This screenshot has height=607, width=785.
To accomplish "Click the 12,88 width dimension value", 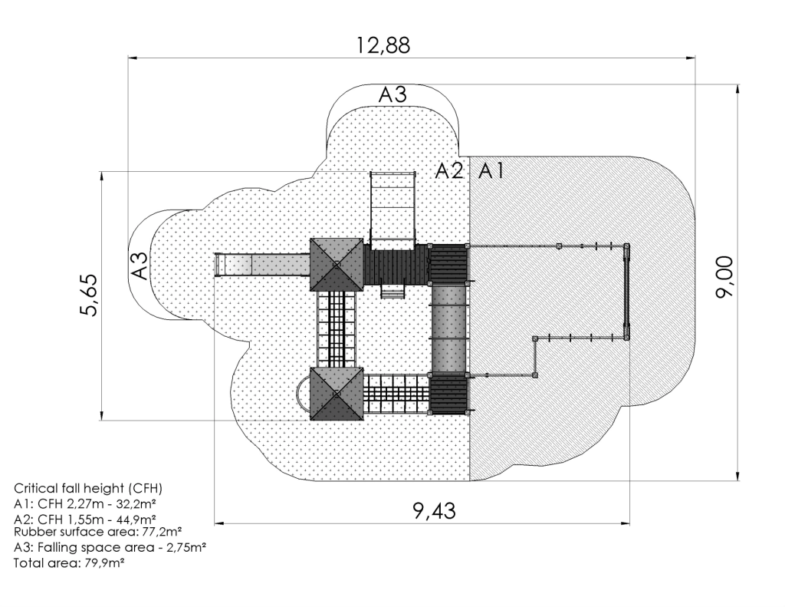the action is [383, 45].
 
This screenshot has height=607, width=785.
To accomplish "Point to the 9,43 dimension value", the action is [435, 511].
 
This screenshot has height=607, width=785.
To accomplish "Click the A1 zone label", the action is [491, 171].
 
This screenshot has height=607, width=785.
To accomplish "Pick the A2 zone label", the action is [449, 171].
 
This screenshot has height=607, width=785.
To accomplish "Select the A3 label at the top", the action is [392, 94].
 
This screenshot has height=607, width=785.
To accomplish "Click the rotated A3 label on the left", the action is [140, 266].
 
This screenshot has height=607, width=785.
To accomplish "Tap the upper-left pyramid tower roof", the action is [337, 264].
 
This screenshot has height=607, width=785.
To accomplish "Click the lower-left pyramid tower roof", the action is [337, 394].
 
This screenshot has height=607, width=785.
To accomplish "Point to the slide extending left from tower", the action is [262, 264].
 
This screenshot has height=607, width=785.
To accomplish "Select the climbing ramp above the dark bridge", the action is [393, 209].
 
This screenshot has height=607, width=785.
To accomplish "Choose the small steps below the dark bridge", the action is [392, 291].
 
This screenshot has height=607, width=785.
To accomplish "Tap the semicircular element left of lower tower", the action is [303, 394].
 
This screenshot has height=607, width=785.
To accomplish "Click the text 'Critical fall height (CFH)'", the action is [88, 488].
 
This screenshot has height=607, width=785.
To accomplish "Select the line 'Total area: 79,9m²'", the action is [69, 563].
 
